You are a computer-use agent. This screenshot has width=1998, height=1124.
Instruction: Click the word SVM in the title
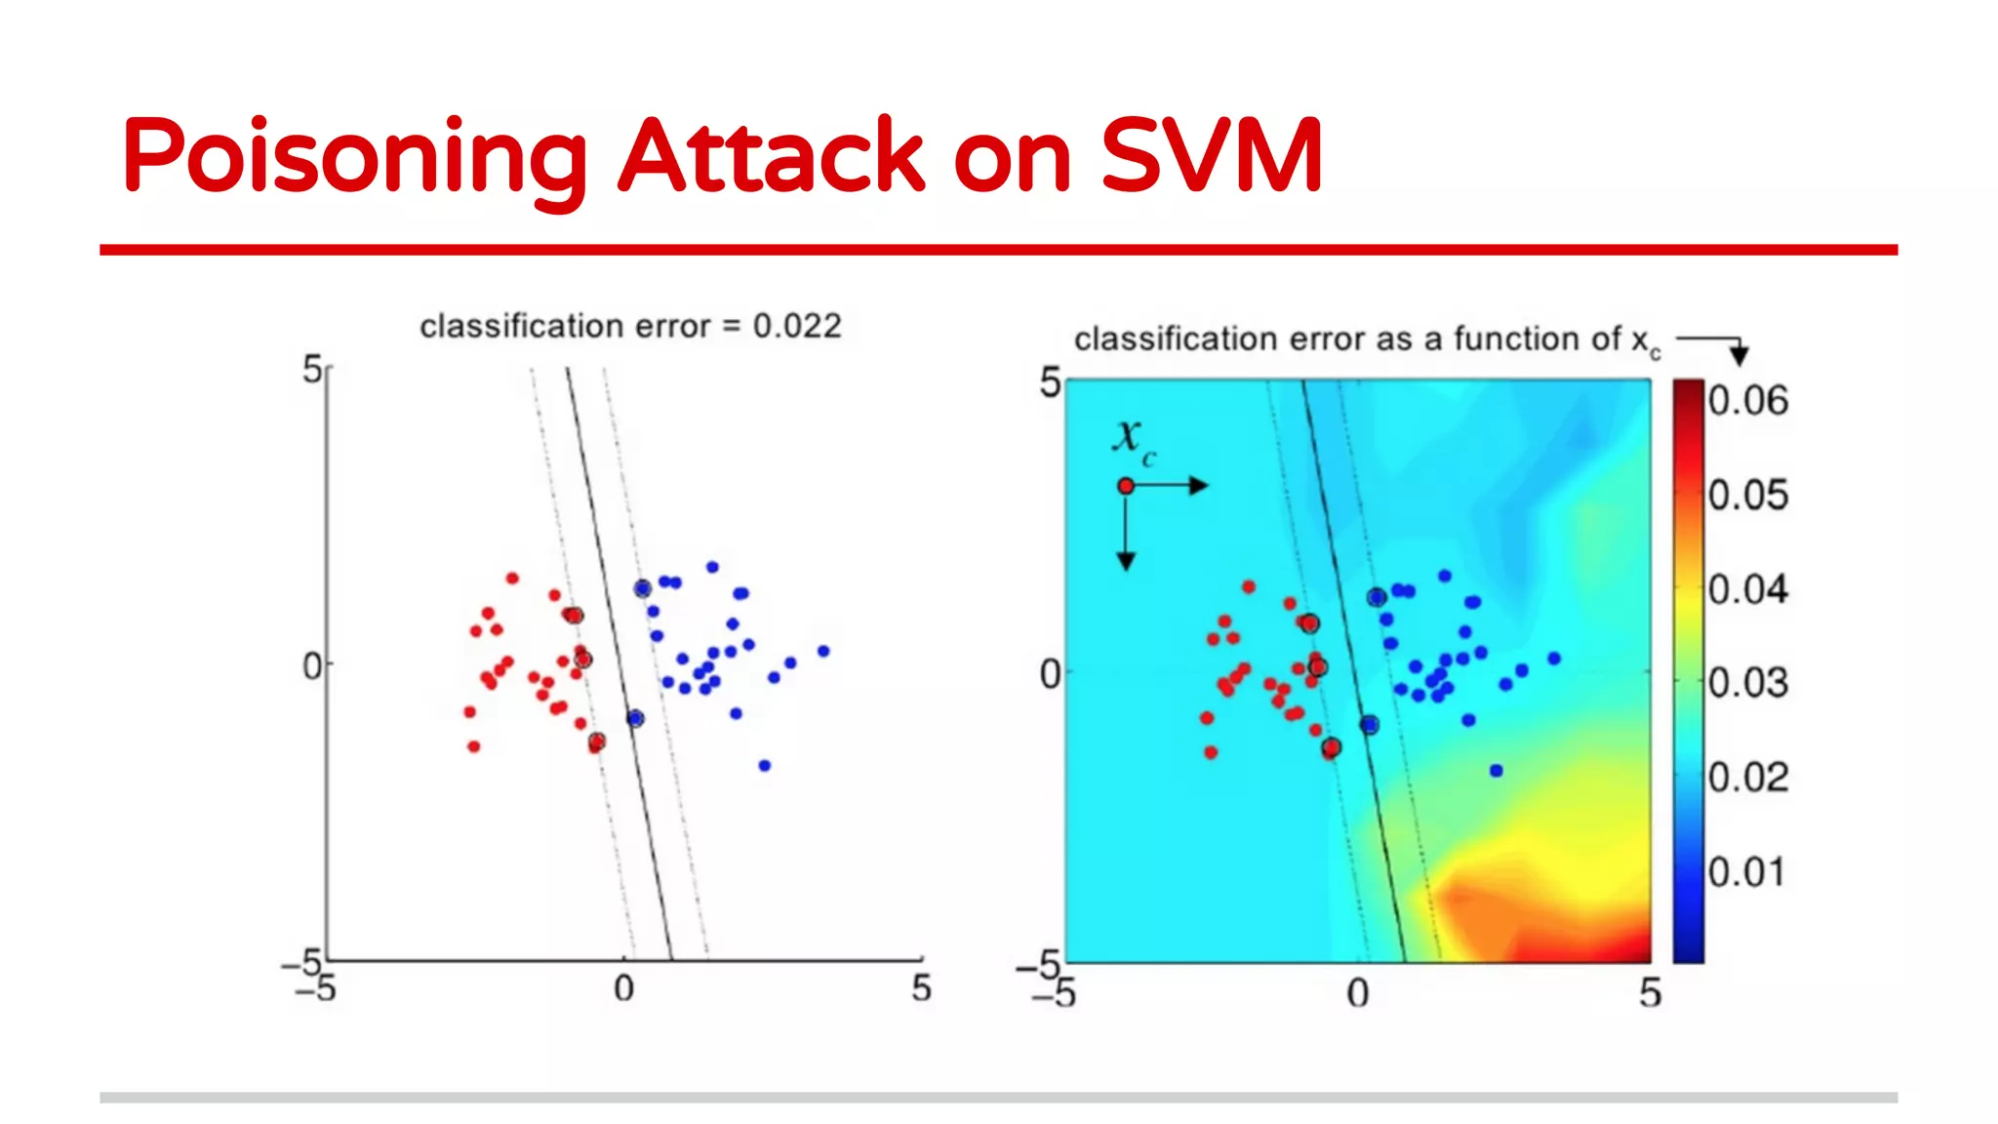(1211, 156)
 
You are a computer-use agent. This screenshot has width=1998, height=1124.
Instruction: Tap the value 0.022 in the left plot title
(797, 326)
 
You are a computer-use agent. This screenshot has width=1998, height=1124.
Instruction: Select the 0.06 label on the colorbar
(1747, 401)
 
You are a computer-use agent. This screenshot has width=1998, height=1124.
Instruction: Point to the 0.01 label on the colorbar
(1746, 872)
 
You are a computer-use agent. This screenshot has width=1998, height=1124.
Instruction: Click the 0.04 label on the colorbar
(1747, 590)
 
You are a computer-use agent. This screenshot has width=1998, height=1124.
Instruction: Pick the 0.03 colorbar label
(1747, 683)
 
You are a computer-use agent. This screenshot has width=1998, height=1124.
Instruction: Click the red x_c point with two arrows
(1126, 486)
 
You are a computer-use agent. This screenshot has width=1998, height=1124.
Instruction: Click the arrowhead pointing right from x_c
(1200, 486)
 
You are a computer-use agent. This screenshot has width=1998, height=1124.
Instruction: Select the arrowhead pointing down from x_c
(1126, 561)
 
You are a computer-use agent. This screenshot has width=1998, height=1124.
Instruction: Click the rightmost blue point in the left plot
(823, 651)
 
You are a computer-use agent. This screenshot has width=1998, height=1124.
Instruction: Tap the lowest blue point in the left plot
(765, 766)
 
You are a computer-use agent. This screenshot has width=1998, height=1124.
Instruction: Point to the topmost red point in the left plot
(512, 579)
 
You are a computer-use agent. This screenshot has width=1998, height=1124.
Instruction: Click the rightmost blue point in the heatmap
(1554, 659)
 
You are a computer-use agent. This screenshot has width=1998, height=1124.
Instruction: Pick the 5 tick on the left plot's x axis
(921, 988)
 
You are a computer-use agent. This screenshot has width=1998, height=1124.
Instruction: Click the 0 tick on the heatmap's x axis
(1357, 994)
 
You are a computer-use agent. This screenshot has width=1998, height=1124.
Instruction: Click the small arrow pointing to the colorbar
(1738, 353)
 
